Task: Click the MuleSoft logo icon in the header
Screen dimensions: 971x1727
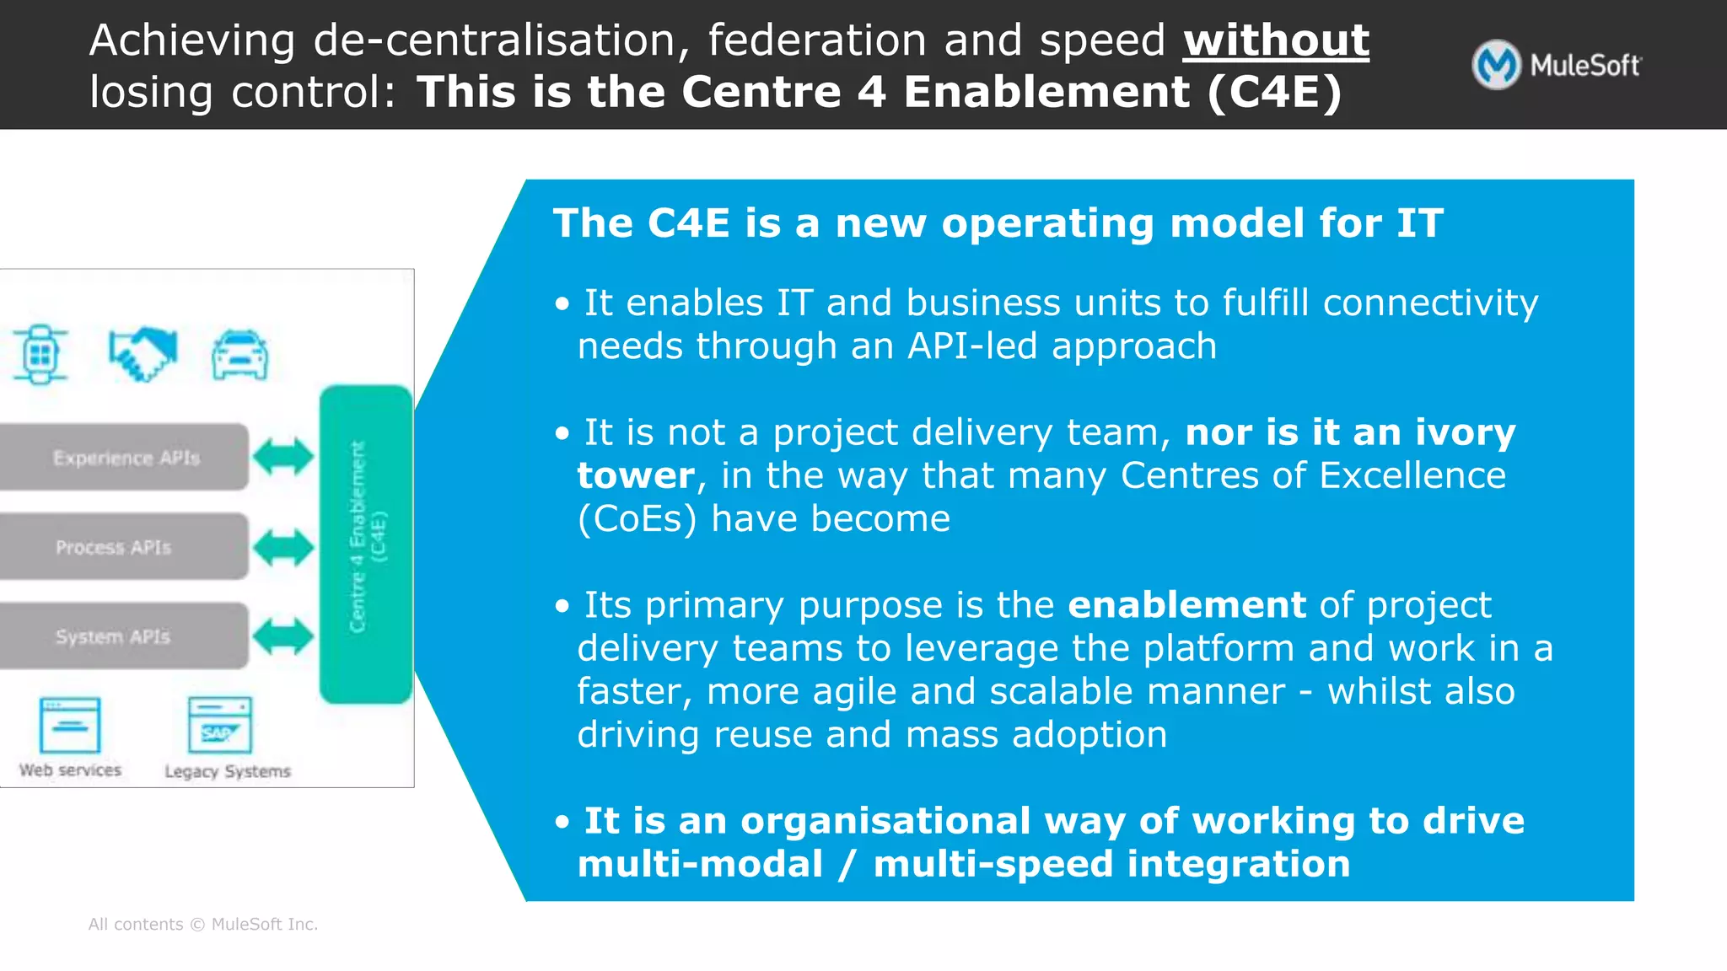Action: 1496,65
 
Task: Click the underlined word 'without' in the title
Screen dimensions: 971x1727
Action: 1276,40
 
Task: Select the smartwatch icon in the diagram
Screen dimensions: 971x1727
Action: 40,354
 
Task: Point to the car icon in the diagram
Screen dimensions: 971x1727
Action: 240,355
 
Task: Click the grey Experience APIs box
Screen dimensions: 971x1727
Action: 124,458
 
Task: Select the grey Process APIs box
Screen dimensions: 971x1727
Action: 124,547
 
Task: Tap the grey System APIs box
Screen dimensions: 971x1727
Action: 124,636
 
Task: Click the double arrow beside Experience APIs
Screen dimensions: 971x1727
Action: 283,458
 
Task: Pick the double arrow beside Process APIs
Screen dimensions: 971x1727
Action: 283,548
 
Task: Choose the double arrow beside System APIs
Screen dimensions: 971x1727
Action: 283,636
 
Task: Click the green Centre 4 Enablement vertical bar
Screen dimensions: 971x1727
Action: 366,544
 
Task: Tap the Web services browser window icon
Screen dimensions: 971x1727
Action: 70,725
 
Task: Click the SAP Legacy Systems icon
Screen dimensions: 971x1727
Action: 220,725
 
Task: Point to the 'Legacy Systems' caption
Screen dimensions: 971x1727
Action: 228,771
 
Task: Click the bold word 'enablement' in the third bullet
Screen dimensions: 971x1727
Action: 1186,605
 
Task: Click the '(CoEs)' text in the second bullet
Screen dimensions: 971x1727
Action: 637,519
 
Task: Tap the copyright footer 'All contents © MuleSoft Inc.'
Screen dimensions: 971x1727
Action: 203,925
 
